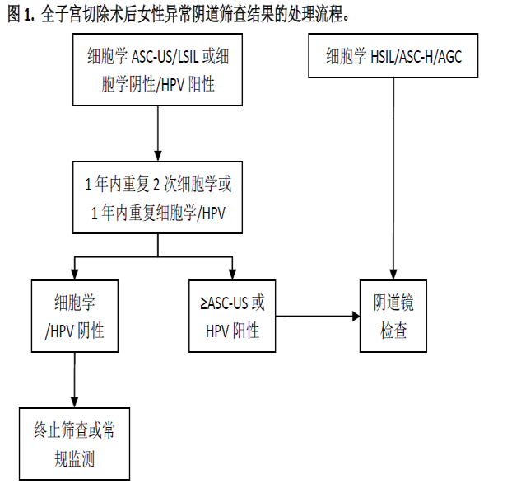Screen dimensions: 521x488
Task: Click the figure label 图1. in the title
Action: tap(21, 14)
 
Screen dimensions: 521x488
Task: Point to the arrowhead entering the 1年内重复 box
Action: tap(158, 156)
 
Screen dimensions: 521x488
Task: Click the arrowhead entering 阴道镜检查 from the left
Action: tap(356, 317)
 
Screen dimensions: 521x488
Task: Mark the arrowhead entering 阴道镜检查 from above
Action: tap(393, 274)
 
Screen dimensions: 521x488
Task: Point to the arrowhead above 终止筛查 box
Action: tap(74, 402)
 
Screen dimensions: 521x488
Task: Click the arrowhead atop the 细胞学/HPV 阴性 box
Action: tap(75, 274)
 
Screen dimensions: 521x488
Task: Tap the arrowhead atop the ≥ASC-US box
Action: tap(232, 274)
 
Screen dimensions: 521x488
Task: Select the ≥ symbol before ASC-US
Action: tap(203, 303)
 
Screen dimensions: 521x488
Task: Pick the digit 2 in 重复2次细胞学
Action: tap(156, 185)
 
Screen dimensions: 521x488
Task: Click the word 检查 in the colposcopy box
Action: tap(393, 331)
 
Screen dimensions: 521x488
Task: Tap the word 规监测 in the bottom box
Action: tap(74, 459)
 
